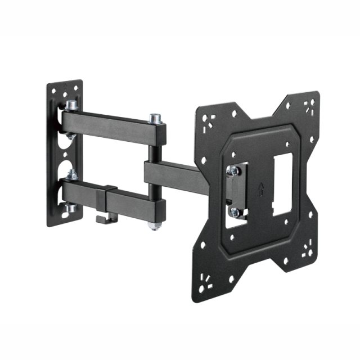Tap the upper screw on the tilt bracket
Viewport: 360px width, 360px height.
click(x=232, y=170)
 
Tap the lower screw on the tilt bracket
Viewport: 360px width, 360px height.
click(x=235, y=212)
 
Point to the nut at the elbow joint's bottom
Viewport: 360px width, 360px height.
click(x=152, y=224)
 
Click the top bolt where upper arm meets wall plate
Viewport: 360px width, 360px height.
click(x=71, y=105)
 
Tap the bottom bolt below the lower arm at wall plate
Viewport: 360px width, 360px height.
click(x=70, y=209)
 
